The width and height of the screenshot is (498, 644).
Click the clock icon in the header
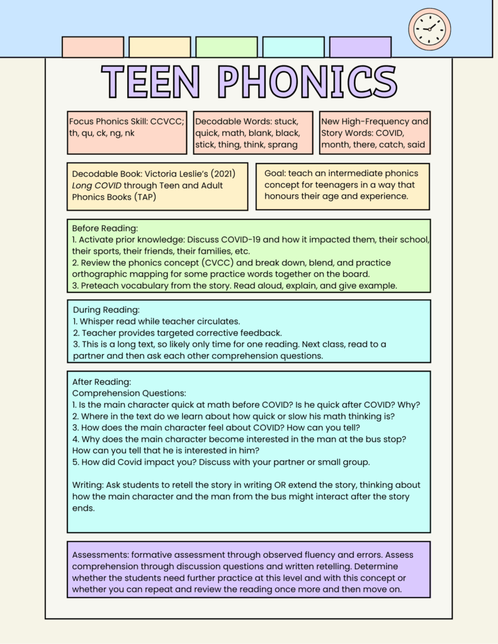coord(429,29)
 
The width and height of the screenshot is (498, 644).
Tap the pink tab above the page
coord(93,47)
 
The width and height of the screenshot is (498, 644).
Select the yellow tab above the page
coord(159,47)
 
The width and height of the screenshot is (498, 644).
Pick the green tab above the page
coord(226,47)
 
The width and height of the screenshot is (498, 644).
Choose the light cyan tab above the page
coord(293,47)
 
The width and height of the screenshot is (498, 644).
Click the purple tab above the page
coord(360,47)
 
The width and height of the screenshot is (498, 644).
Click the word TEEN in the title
coord(151,82)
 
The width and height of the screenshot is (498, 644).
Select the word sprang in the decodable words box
coord(282,145)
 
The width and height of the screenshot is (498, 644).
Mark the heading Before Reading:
coord(105,228)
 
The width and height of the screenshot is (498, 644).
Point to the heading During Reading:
coord(106,309)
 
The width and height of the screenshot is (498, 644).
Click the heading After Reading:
coord(101,382)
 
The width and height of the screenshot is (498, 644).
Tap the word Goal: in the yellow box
coord(276,173)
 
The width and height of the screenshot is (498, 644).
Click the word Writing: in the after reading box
coord(88,485)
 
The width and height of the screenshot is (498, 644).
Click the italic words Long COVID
coord(96,186)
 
